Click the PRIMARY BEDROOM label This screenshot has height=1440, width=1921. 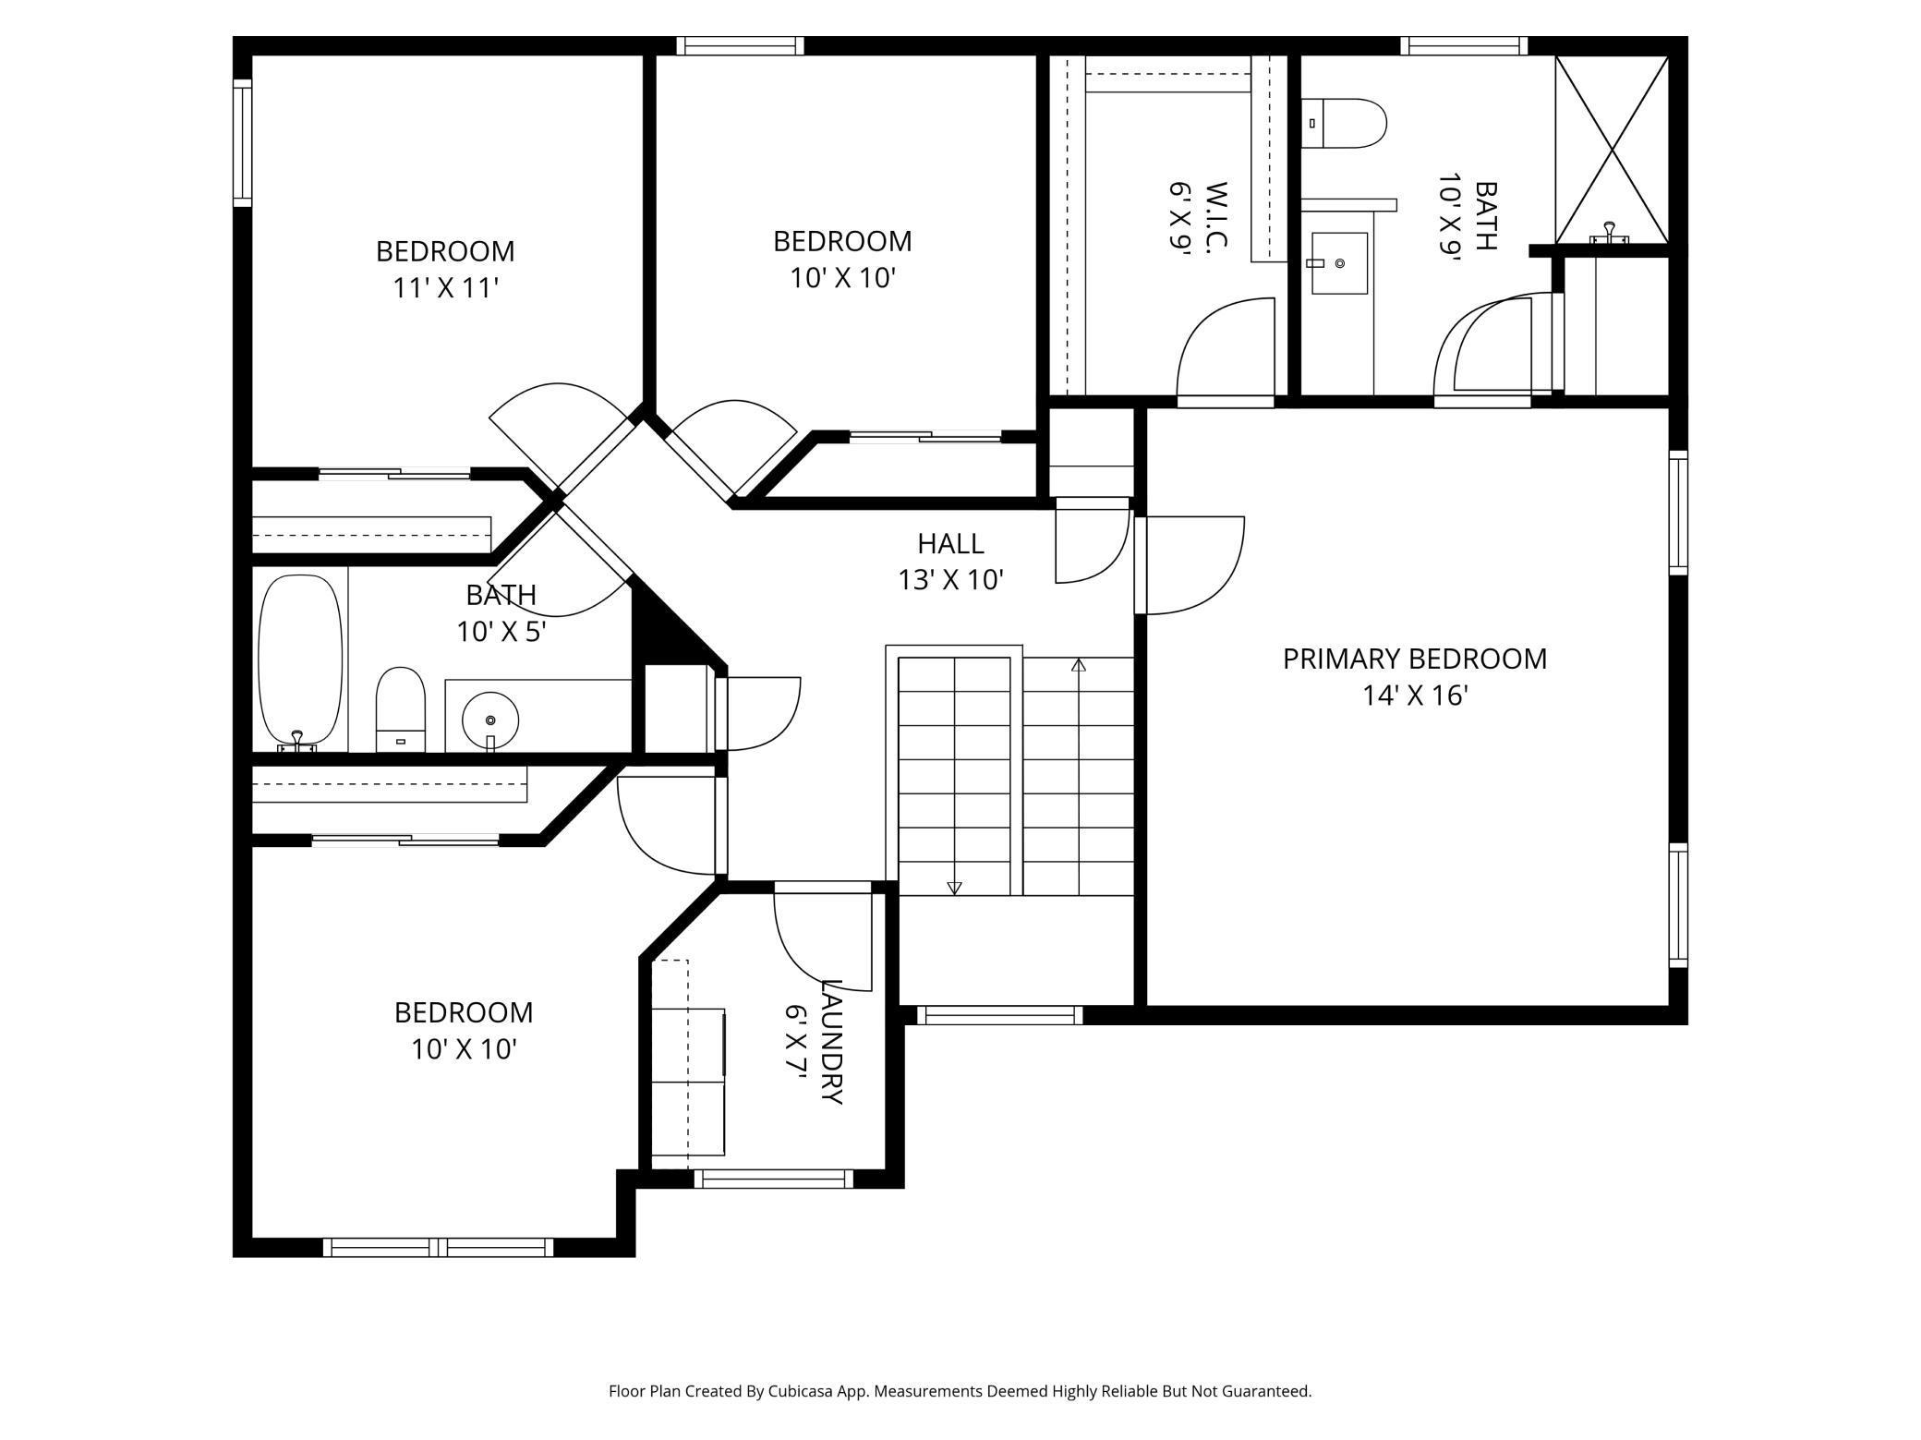coord(1414,659)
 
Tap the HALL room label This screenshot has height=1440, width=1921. coord(950,543)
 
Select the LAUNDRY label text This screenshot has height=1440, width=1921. coord(831,1042)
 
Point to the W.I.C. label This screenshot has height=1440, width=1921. coord(1216,216)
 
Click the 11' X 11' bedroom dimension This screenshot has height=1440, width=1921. coord(446,288)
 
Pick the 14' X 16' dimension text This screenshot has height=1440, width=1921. coord(1415,696)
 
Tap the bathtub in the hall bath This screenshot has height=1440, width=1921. coord(300,661)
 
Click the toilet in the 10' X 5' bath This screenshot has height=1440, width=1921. coord(401,709)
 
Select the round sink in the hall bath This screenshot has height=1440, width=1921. coord(490,720)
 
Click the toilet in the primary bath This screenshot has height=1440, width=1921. coord(1345,124)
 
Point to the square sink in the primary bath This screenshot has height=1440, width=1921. coord(1339,263)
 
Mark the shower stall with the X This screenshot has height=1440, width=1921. coord(1612,149)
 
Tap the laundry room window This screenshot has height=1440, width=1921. coord(774,1179)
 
